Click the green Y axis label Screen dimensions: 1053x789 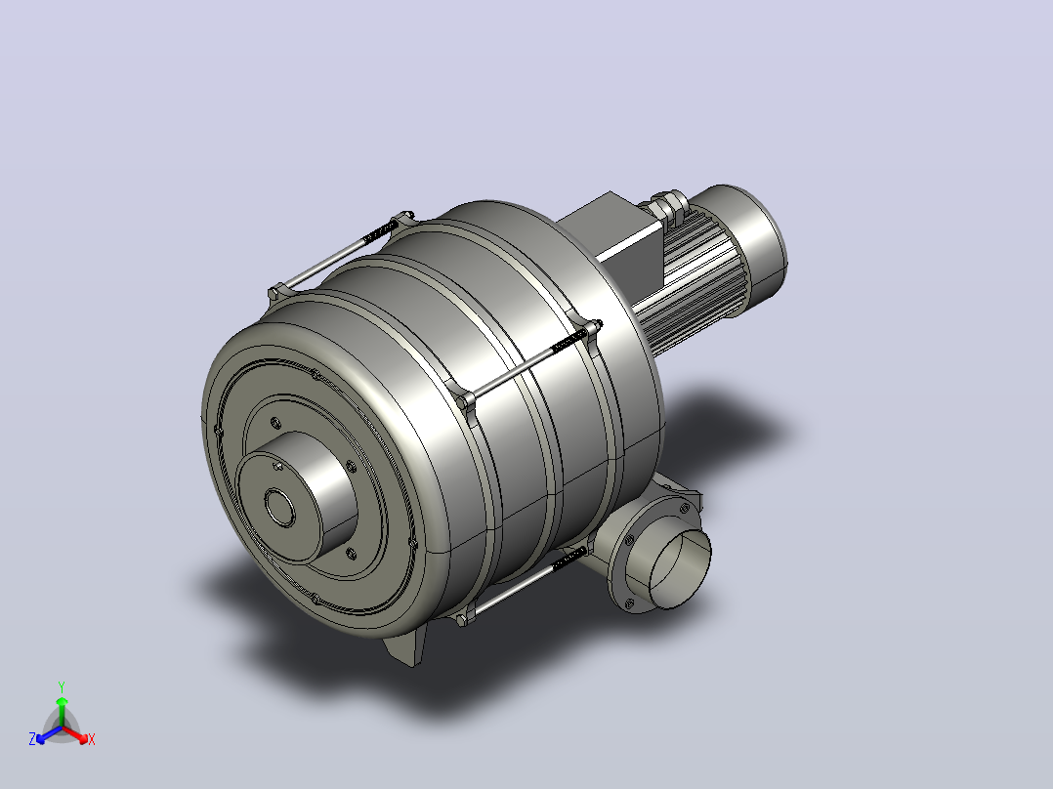click(x=62, y=686)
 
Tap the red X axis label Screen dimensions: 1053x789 click(x=92, y=739)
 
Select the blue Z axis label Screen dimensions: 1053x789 click(x=31, y=739)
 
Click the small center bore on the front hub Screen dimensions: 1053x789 click(x=279, y=508)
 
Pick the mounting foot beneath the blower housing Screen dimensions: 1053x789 click(x=406, y=645)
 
